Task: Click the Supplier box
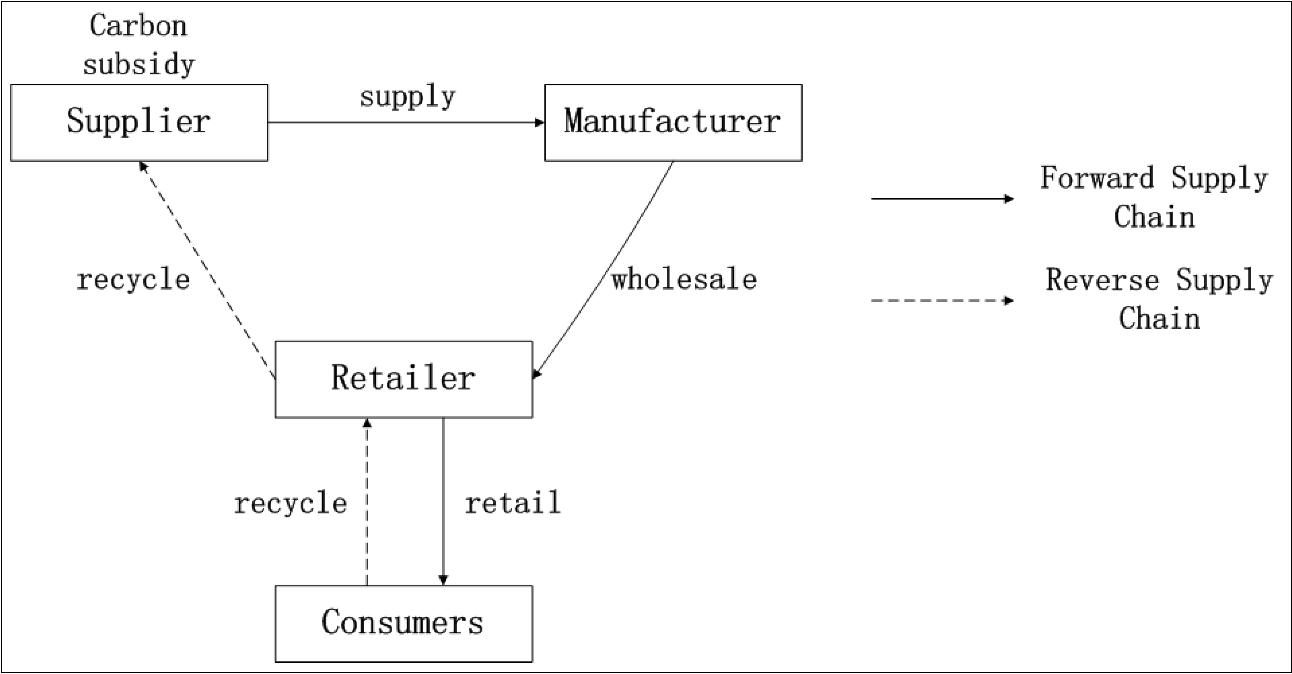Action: click(139, 122)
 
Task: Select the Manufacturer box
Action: click(673, 122)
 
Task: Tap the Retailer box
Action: click(403, 379)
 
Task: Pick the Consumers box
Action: click(403, 623)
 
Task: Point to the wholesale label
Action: click(684, 280)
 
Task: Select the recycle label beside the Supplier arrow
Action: click(133, 280)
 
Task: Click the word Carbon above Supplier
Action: click(138, 26)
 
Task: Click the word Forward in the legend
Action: click(1097, 178)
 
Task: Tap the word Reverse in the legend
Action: click(1102, 280)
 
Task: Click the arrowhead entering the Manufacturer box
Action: click(540, 122)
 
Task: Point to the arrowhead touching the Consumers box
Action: click(443, 580)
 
